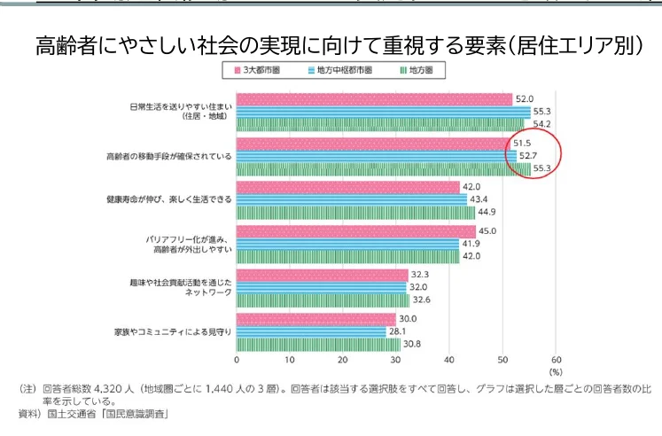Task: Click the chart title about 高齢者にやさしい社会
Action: (338, 43)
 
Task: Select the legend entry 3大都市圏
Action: (259, 69)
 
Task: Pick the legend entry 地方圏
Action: (417, 69)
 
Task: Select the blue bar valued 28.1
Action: (311, 332)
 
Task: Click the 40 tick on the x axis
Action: (449, 361)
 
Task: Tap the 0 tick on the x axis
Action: (237, 361)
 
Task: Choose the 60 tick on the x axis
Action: (556, 361)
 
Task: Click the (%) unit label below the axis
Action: (556, 372)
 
